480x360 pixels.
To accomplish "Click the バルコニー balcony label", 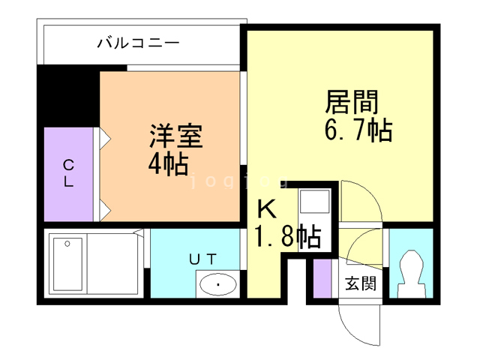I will pos(138,43).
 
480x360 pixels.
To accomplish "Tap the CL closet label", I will pos(68,172).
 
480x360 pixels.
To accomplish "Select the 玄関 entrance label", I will pos(360,284).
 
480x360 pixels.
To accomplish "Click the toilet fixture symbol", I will pos(411,273).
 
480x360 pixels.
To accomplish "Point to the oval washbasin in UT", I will pos(217,284).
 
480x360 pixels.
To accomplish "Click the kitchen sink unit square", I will pos(314,203).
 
